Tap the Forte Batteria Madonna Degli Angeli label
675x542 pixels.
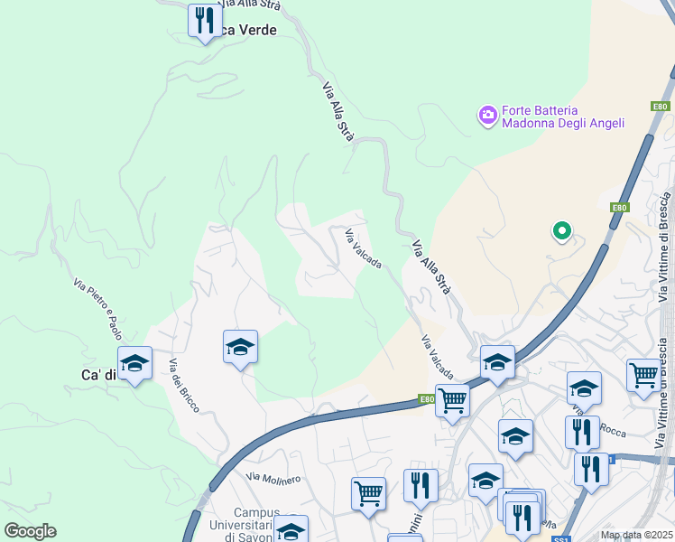(x=563, y=117)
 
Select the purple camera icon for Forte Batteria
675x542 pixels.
(x=488, y=114)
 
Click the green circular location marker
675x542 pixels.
(x=561, y=232)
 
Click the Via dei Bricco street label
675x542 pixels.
(x=184, y=385)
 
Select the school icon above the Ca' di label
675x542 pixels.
(x=134, y=363)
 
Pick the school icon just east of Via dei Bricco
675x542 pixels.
(x=240, y=347)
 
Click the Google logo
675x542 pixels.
(x=30, y=531)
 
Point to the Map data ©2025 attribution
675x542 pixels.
(x=635, y=535)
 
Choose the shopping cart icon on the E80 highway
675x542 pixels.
(x=452, y=400)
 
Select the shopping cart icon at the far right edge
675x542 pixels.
(x=643, y=374)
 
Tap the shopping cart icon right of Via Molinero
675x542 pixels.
(x=368, y=493)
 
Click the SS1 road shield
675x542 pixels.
(x=560, y=538)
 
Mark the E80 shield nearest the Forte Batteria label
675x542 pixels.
(x=660, y=107)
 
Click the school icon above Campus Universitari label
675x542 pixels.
(x=291, y=529)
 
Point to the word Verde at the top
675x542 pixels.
(x=254, y=30)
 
